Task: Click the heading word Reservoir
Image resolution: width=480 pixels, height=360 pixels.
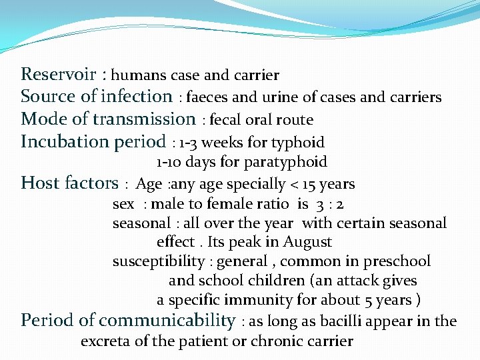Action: [x=58, y=74]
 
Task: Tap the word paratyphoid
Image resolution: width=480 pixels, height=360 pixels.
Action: [x=291, y=162]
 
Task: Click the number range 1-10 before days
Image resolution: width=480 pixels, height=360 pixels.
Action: [x=170, y=162]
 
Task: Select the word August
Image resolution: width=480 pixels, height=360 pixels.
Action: [x=307, y=242]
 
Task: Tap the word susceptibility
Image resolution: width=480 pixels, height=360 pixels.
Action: [x=158, y=261]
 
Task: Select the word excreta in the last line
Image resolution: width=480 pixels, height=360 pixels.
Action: [x=104, y=342]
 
